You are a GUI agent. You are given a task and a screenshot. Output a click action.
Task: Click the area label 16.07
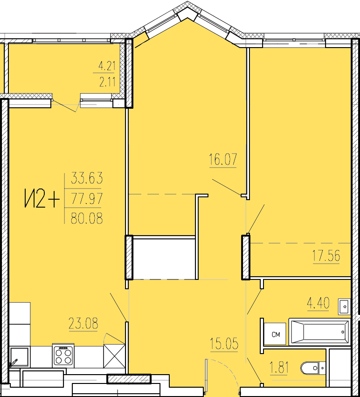tap(223, 159)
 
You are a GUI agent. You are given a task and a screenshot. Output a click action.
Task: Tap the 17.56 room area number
tap(326, 256)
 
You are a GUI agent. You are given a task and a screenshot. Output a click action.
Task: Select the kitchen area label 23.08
tap(83, 323)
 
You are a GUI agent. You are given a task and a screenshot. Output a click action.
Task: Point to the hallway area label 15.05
tap(224, 343)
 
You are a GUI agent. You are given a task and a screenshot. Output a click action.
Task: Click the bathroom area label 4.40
tap(318, 303)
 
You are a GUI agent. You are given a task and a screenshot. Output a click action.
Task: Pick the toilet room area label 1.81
tap(279, 368)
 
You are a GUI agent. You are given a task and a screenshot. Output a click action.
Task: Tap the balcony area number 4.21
tap(107, 66)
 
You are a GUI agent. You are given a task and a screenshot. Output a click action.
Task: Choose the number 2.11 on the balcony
tap(107, 82)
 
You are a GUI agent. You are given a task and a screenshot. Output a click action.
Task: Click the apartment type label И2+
tap(42, 199)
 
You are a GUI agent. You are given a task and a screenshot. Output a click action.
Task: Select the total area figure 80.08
tap(87, 218)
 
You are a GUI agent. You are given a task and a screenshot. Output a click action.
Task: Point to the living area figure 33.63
tap(87, 178)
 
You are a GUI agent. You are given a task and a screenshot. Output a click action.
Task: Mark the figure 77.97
tap(87, 198)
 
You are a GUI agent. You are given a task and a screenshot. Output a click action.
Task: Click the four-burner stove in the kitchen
tap(63, 355)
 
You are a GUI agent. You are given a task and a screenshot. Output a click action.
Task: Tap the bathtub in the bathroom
tap(319, 332)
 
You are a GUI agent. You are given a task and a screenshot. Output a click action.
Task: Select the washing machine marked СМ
tap(275, 334)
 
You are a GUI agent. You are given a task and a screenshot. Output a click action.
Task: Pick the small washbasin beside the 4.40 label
tap(344, 306)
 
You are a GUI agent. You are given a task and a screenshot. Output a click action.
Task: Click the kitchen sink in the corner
tap(19, 357)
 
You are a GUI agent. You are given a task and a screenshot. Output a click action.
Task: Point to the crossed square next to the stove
tap(114, 356)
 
